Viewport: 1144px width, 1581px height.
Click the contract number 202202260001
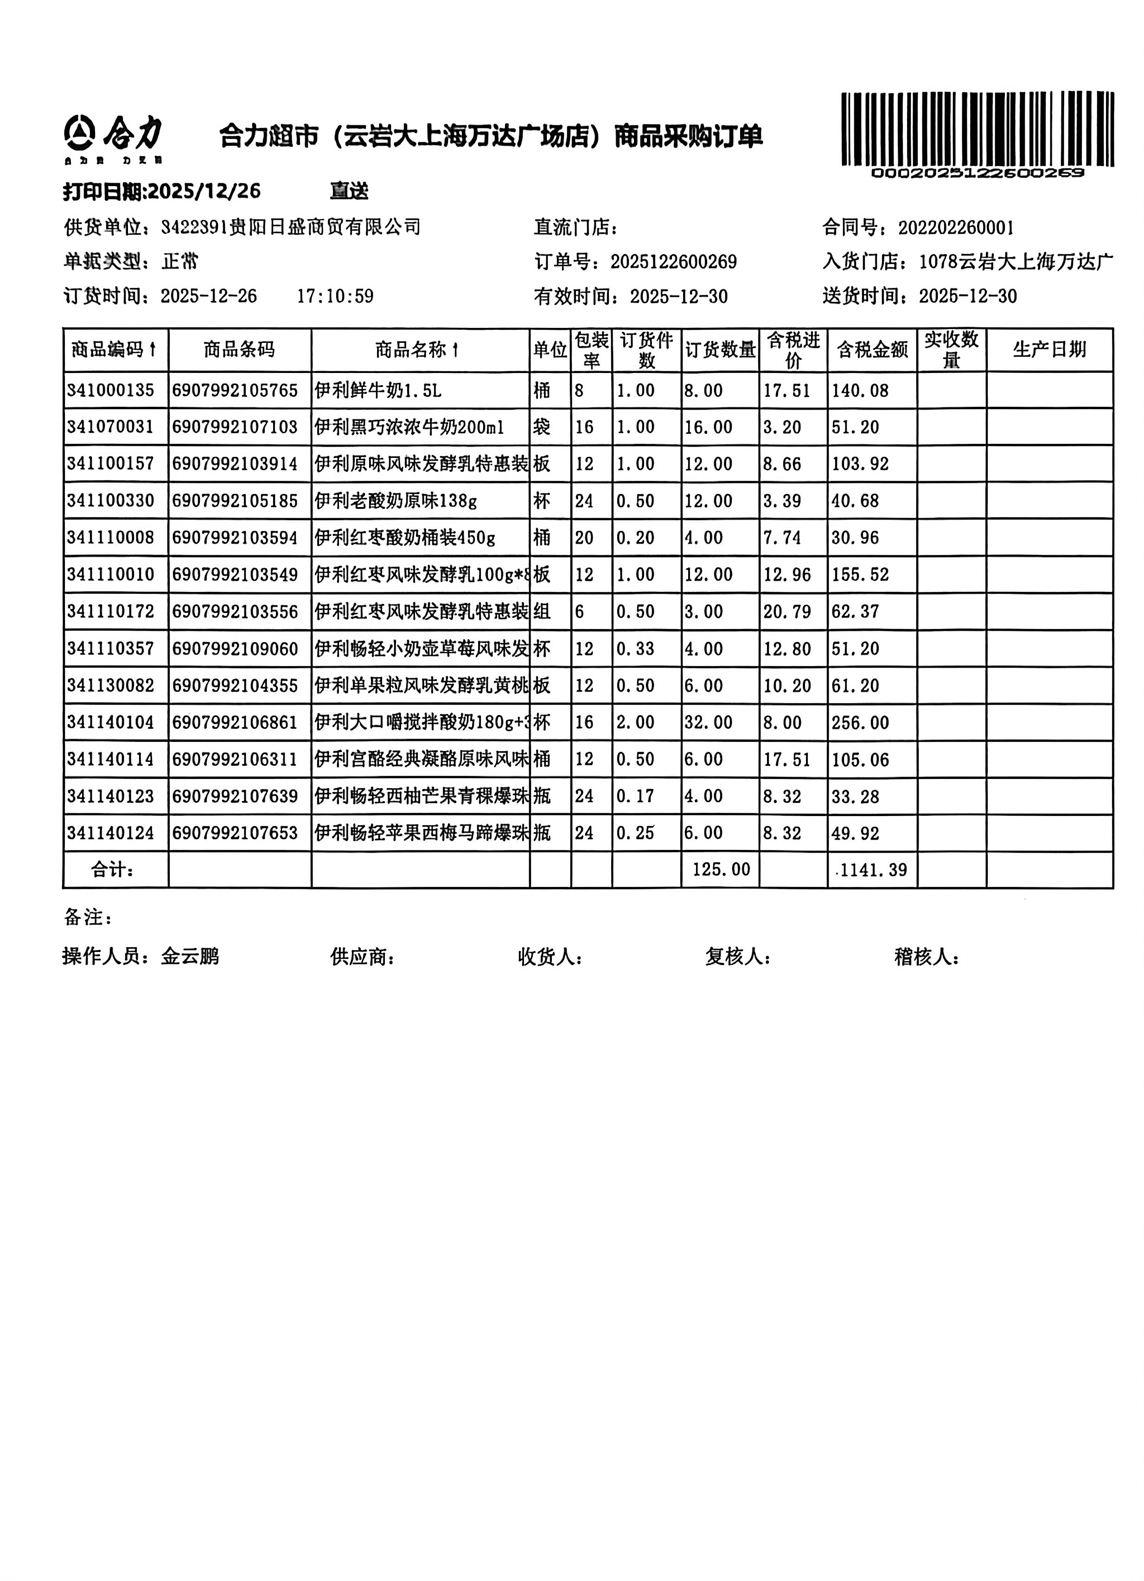pos(956,228)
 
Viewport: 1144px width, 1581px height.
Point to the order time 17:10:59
pos(335,296)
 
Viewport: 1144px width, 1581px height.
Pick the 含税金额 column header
pos(872,350)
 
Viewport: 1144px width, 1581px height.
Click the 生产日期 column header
pos(1048,350)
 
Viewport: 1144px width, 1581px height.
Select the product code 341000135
pos(111,390)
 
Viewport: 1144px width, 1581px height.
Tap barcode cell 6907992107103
pos(235,427)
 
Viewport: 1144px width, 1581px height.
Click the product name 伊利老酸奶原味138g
pos(395,501)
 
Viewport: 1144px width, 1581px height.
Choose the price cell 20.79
pos(786,612)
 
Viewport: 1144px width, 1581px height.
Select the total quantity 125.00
pos(721,870)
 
